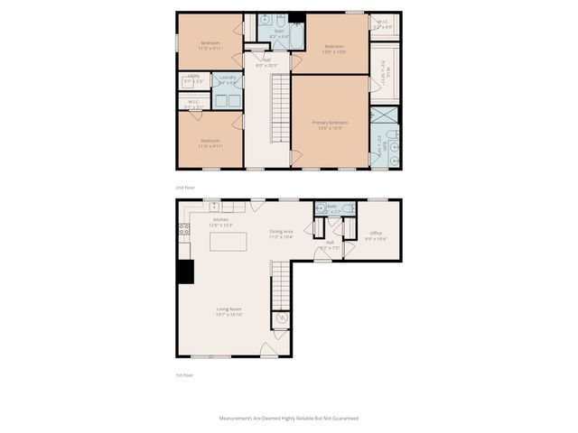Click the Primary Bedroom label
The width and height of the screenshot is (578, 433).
330,124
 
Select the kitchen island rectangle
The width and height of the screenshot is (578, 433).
228,243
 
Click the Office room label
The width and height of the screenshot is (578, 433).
376,235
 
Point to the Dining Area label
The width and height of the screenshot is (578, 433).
281,234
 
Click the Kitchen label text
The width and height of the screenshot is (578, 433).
221,221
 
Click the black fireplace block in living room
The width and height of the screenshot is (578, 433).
185,272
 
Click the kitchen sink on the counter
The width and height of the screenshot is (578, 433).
215,207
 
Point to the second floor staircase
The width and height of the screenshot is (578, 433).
280,108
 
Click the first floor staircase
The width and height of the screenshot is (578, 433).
280,284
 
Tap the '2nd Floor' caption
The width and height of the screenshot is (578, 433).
185,187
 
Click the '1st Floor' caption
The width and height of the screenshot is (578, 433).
184,374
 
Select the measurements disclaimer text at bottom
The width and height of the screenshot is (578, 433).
289,419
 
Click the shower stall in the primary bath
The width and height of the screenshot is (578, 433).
385,116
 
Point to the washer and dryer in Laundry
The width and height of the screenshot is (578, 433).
227,100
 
